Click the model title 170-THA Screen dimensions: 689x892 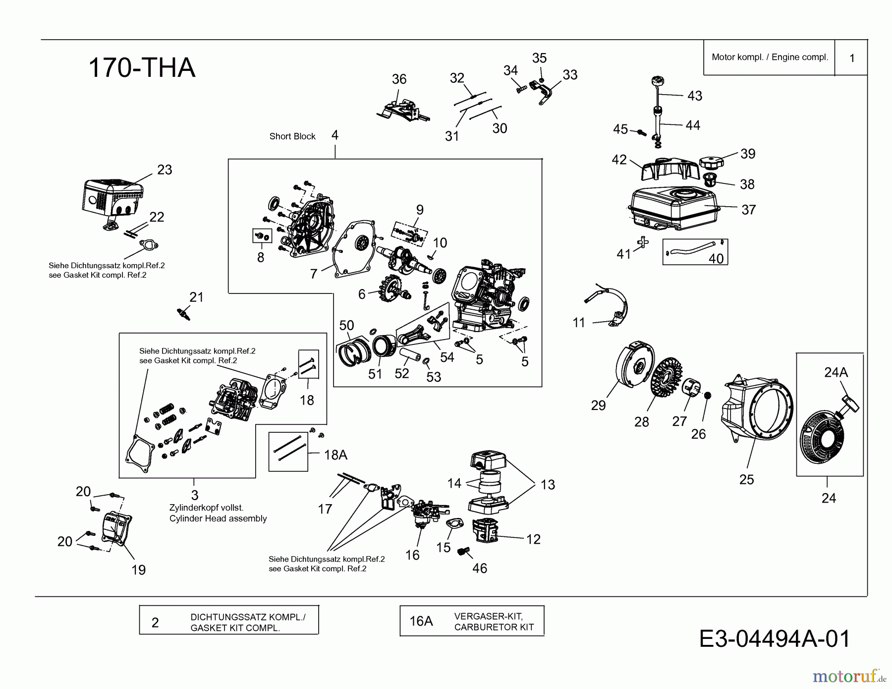(x=142, y=68)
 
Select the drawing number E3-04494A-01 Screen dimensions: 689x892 (x=774, y=639)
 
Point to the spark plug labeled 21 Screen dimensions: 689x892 (x=184, y=313)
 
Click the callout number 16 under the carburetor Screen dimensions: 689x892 (x=412, y=555)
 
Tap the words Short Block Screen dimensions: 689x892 (x=292, y=136)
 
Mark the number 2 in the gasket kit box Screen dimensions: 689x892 (x=155, y=623)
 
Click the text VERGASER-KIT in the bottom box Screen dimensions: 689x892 (x=488, y=616)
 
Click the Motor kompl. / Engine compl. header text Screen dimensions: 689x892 (x=770, y=57)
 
